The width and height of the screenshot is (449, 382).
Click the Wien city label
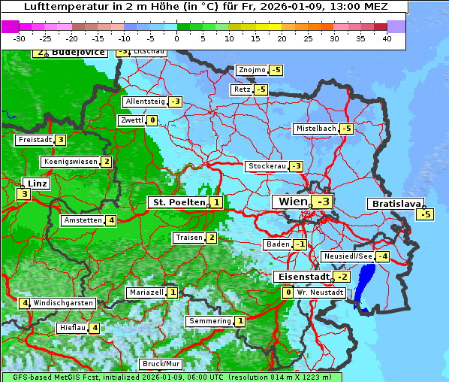293,202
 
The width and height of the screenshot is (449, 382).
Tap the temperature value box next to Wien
324,202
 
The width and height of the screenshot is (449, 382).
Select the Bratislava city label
394,204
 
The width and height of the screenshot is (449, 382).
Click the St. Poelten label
177,202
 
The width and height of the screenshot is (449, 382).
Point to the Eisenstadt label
301,277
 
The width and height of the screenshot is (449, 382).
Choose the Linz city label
35,183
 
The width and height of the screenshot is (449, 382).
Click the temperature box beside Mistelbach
346,129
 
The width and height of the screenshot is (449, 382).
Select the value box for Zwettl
152,120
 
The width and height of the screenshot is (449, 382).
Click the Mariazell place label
146,293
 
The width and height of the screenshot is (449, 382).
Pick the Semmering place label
209,321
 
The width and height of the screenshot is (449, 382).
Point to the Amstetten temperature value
110,220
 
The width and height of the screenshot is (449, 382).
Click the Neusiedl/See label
347,256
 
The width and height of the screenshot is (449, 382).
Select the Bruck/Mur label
161,364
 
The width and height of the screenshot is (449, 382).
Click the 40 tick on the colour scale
387,38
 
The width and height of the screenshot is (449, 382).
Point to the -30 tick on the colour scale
20,38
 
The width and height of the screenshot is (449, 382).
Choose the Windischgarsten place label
63,303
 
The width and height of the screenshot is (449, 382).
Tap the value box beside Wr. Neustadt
288,292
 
